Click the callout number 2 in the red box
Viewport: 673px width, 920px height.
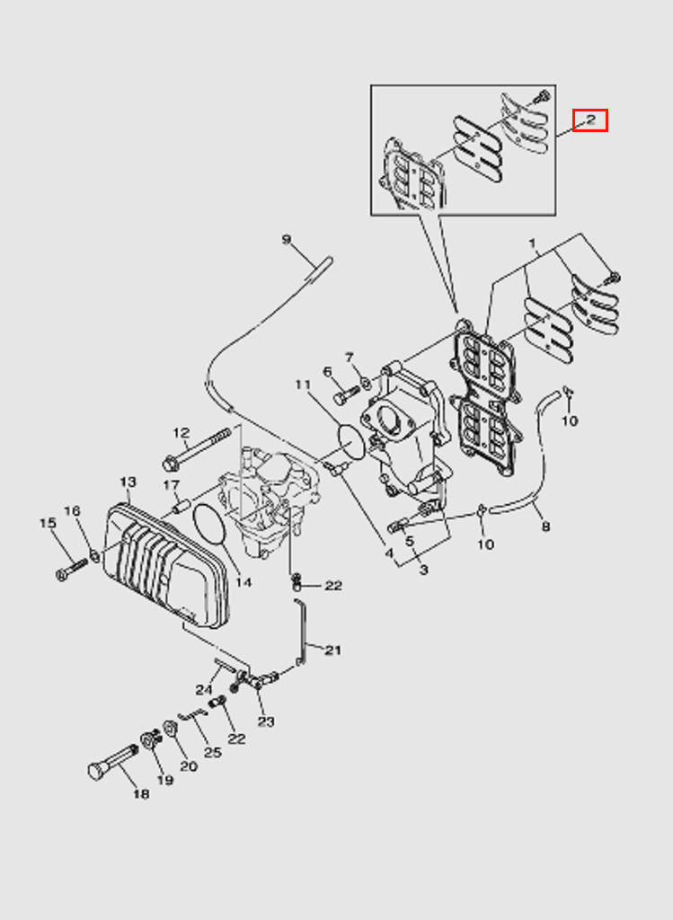pyautogui.click(x=590, y=119)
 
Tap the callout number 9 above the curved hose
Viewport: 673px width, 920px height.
pyautogui.click(x=287, y=240)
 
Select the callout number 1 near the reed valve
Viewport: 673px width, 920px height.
pyautogui.click(x=532, y=243)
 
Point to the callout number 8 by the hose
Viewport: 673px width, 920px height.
pyautogui.click(x=545, y=526)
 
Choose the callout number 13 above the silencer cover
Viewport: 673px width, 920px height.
pyautogui.click(x=128, y=483)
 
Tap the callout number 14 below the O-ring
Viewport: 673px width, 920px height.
pyautogui.click(x=244, y=581)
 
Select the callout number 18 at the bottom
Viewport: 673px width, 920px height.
pyautogui.click(x=141, y=794)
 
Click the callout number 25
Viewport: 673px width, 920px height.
pyautogui.click(x=212, y=752)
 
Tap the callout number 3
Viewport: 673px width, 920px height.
pyautogui.click(x=423, y=570)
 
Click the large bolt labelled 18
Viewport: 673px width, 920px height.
pyautogui.click(x=106, y=765)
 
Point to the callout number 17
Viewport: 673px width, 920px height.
pyautogui.click(x=171, y=486)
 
